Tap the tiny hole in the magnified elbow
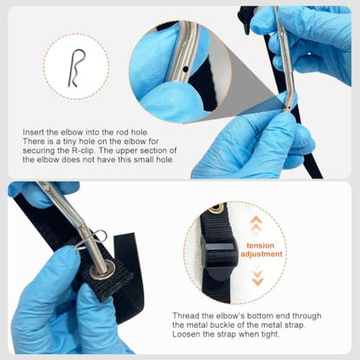tap(185, 69)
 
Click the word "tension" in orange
tap(260, 246)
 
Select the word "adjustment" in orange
tap(261, 254)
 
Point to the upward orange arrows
tap(256, 224)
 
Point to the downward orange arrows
tap(257, 277)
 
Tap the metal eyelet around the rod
tap(102, 269)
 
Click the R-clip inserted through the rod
tap(89, 241)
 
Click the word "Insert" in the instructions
tap(34, 132)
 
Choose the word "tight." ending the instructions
tap(270, 334)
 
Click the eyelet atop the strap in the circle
tap(215, 209)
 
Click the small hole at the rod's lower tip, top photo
tap(286, 106)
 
